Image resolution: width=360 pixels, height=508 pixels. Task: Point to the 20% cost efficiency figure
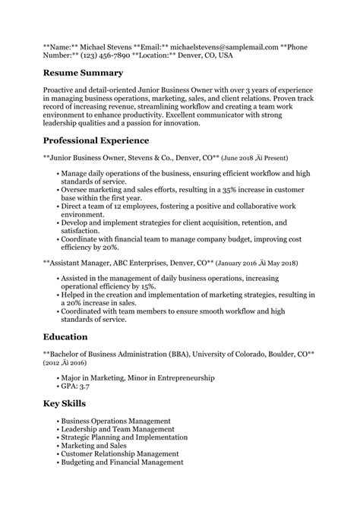110,248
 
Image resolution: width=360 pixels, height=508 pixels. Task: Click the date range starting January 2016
257,263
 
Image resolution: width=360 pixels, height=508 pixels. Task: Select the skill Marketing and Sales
95,445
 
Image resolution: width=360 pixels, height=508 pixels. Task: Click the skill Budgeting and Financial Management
122,462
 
